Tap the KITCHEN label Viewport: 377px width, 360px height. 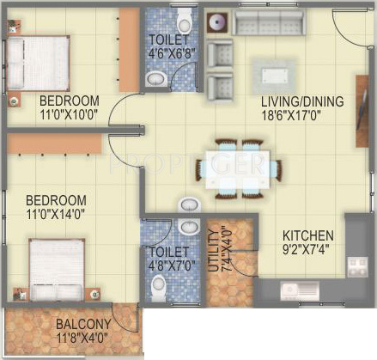[x=308, y=235]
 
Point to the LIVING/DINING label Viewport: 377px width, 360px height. [x=302, y=101]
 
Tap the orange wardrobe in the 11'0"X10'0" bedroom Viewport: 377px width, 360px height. [x=130, y=50]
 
